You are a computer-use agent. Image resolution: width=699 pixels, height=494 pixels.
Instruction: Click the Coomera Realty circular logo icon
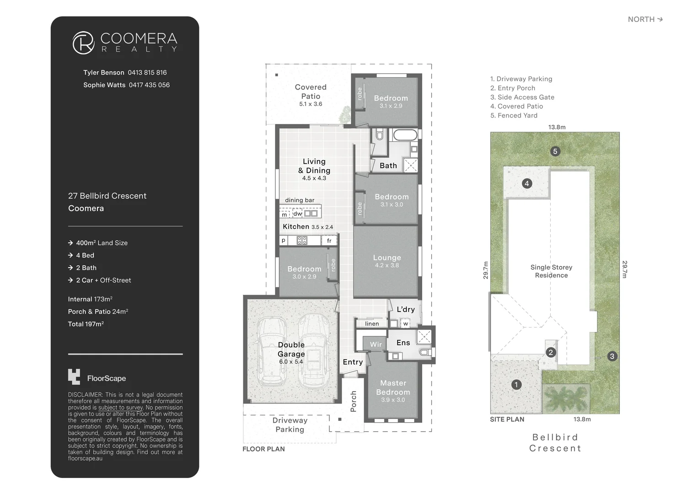pos(83,43)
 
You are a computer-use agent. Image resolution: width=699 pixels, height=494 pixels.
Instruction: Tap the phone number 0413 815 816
pos(147,73)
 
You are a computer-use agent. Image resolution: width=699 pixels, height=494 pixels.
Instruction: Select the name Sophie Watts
pos(104,85)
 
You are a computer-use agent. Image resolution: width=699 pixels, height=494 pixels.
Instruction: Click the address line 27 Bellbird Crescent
pos(107,196)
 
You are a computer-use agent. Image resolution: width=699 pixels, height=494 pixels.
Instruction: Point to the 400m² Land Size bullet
pos(102,243)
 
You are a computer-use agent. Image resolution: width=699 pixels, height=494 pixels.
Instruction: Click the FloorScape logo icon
pos(74,377)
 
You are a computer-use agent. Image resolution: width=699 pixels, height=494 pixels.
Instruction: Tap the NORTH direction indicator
pos(645,19)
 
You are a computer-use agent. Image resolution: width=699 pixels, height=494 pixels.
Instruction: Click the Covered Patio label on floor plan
pos(311,92)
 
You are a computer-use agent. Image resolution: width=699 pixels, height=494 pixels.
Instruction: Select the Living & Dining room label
pos(314,166)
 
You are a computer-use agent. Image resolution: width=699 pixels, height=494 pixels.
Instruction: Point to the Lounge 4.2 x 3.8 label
pos(387,261)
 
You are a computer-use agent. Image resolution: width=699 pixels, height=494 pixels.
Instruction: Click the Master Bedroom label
pos(393,388)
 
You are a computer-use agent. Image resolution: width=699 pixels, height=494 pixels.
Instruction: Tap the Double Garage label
pos(291,349)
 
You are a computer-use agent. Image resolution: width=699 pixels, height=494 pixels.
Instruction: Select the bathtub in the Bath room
pos(405,135)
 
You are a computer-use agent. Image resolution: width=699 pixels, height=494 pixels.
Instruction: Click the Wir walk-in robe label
pos(376,344)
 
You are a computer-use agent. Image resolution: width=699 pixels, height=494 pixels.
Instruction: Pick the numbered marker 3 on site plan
pos(612,356)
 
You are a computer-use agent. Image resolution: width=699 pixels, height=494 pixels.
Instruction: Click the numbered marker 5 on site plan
pos(555,151)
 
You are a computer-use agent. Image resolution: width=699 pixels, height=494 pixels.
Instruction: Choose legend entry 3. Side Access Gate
pos(522,97)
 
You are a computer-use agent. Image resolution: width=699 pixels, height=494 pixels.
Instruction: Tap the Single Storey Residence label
pos(551,271)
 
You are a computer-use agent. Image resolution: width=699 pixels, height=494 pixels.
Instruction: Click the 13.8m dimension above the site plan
pos(557,127)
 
